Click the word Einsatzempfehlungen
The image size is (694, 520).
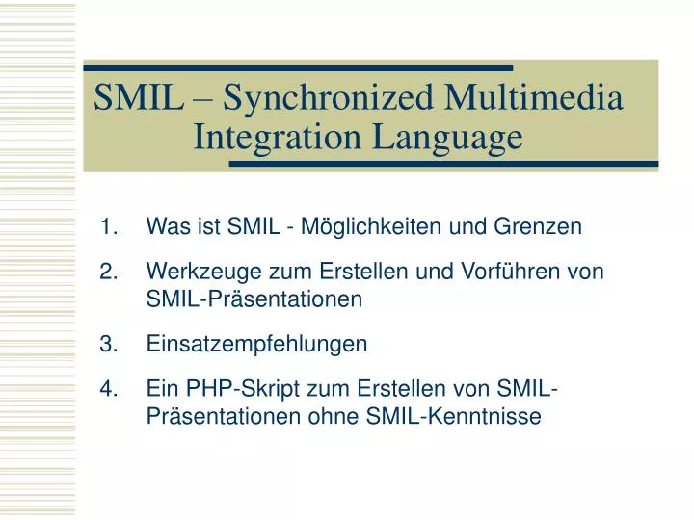pyautogui.click(x=256, y=345)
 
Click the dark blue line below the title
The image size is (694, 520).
pyautogui.click(x=443, y=164)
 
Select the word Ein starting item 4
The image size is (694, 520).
pyautogui.click(x=161, y=389)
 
